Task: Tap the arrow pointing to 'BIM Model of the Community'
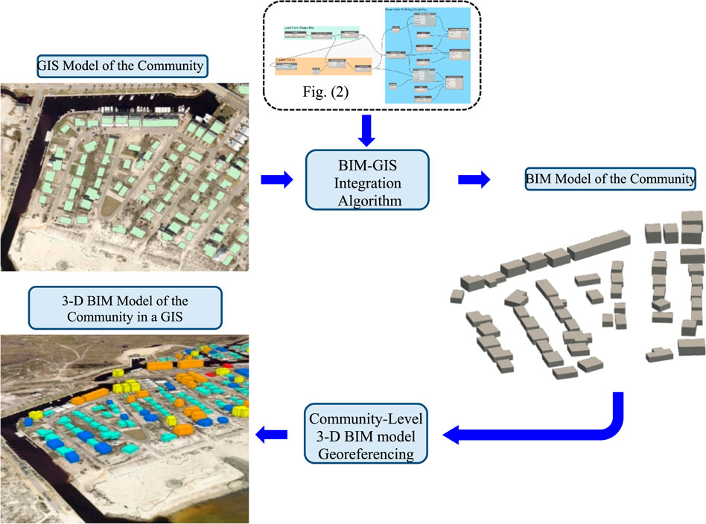[474, 179]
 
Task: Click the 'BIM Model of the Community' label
[611, 179]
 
